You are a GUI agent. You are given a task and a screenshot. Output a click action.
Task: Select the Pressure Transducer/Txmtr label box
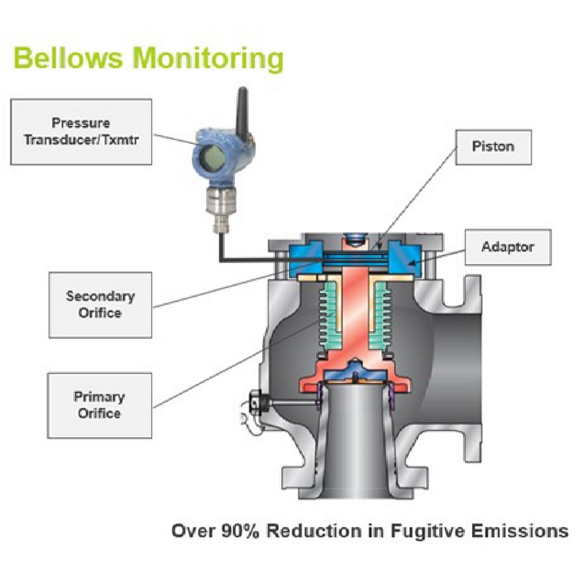81,131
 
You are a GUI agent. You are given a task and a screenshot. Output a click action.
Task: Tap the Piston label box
493,147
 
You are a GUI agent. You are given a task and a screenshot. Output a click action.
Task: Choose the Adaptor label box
507,247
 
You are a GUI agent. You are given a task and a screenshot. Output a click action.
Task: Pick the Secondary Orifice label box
100,305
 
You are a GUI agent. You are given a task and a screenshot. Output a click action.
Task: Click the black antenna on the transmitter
242,109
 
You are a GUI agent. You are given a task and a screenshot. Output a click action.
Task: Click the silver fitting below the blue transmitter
220,204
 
